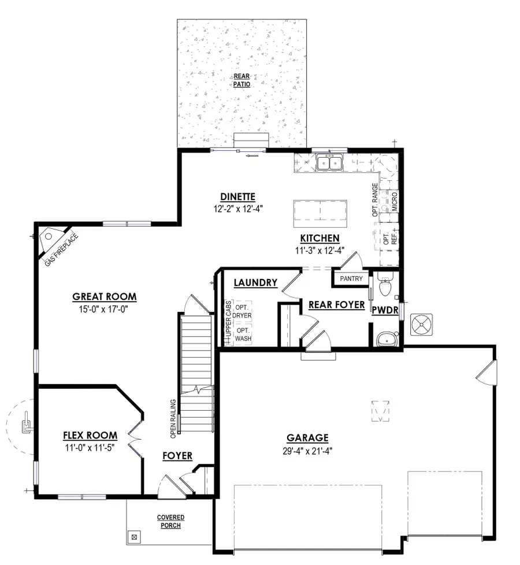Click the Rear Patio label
pos(242,80)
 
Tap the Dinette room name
pos(237,196)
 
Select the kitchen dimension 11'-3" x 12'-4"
pos(319,251)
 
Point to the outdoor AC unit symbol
pos(421,325)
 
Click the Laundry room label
pos(256,283)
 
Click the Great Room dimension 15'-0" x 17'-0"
pos(104,309)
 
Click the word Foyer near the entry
pos(177,456)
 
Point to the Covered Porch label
pos(171,521)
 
